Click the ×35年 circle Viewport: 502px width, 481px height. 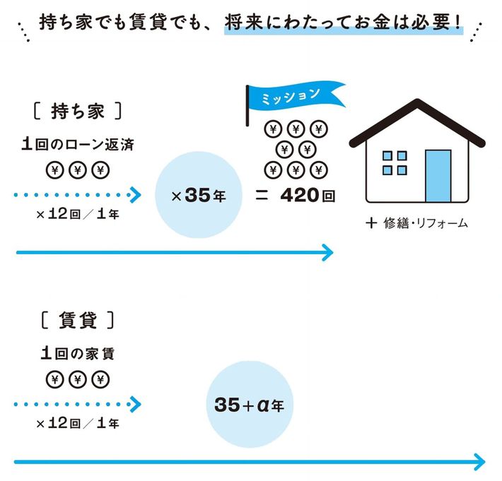coord(197,195)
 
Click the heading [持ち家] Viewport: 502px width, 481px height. coord(78,111)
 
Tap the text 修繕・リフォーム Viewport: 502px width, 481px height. coord(426,224)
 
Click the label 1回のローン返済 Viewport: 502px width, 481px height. coord(77,146)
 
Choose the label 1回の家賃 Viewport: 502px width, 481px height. coord(77,354)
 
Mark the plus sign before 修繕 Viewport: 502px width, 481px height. coord(370,223)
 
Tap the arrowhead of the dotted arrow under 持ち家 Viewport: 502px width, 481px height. coord(136,194)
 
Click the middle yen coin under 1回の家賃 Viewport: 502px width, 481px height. coord(77,379)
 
